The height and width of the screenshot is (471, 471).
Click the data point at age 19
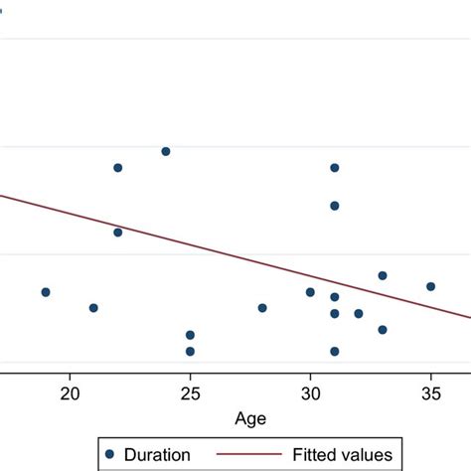[46, 292]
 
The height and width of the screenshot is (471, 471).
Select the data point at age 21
[93, 308]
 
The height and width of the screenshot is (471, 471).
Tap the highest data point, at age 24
[166, 151]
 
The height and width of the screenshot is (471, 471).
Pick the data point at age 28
[262, 308]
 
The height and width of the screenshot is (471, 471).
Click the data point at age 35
[431, 286]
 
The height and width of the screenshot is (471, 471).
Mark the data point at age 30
[310, 292]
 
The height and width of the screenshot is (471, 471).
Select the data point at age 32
[359, 313]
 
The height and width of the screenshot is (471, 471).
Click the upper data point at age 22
[117, 168]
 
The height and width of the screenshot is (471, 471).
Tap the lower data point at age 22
[117, 233]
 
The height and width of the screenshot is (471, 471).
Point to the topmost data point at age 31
[335, 168]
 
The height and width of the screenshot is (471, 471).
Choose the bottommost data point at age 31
[335, 351]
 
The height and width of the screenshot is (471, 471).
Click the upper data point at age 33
[383, 275]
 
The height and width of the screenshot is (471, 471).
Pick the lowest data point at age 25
[190, 351]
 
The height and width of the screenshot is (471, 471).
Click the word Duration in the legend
[155, 454]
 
